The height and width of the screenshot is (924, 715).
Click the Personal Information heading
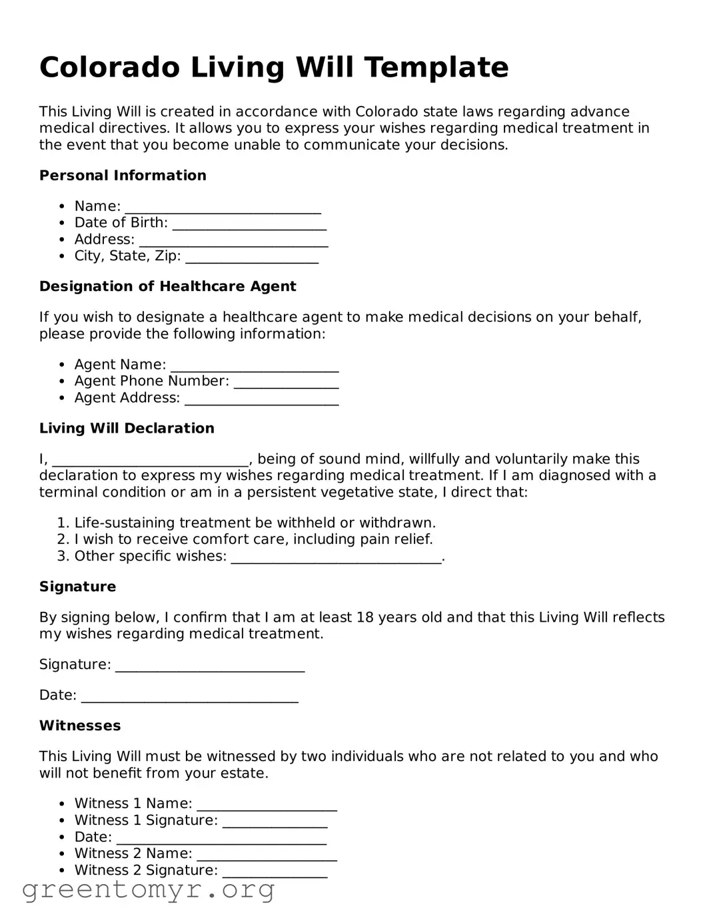[123, 176]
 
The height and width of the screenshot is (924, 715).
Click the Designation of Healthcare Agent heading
[167, 287]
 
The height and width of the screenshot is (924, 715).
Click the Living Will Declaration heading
[127, 429]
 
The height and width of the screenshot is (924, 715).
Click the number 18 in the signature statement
[364, 618]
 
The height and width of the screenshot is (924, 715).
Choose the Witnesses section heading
[80, 726]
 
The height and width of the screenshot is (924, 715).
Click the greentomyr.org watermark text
[148, 890]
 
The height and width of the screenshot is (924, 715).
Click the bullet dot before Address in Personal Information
[62, 240]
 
